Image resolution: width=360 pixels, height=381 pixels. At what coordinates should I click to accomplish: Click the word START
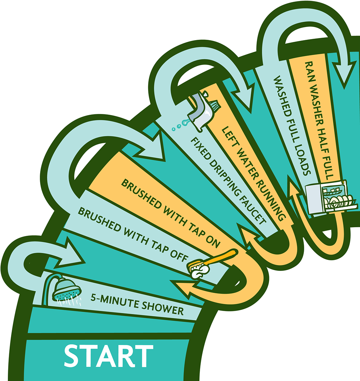click(108, 355)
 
